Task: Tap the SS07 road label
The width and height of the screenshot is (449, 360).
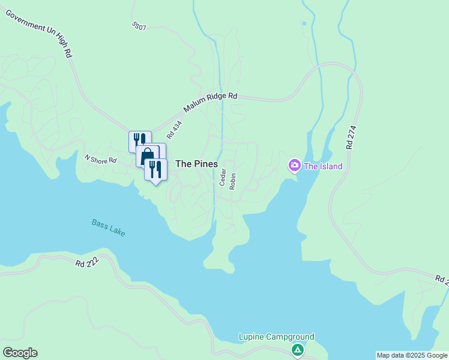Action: [x=139, y=27]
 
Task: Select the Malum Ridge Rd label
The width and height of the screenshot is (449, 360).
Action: [x=211, y=103]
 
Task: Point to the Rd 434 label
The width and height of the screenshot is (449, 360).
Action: [x=174, y=130]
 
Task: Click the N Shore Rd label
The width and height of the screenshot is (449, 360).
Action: [x=100, y=160]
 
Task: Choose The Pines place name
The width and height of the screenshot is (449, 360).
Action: [x=196, y=164]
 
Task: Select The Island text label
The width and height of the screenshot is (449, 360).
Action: [x=323, y=166]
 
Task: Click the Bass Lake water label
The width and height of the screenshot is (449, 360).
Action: [x=109, y=227]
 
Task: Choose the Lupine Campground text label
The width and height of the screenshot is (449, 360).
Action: [x=277, y=337]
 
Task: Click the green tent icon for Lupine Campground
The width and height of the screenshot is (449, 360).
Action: [x=297, y=350]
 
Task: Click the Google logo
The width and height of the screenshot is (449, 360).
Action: [x=20, y=353]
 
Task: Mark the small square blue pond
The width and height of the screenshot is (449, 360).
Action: [x=304, y=23]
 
